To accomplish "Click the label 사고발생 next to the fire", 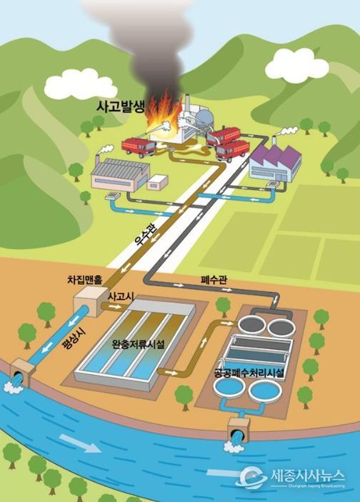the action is [121, 107].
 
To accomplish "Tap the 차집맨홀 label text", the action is [84, 280].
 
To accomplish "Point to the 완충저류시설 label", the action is [138, 344].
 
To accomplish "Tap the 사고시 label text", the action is [121, 296].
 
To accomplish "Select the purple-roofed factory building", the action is [276, 163].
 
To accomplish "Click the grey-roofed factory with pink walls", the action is [121, 174].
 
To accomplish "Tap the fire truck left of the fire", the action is [139, 147].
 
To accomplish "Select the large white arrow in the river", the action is [81, 443].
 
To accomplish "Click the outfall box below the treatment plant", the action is [239, 430].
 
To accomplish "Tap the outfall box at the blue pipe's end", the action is [22, 373].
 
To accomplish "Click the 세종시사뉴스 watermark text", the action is [308, 475].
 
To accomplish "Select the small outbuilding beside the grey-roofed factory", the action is [157, 182].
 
